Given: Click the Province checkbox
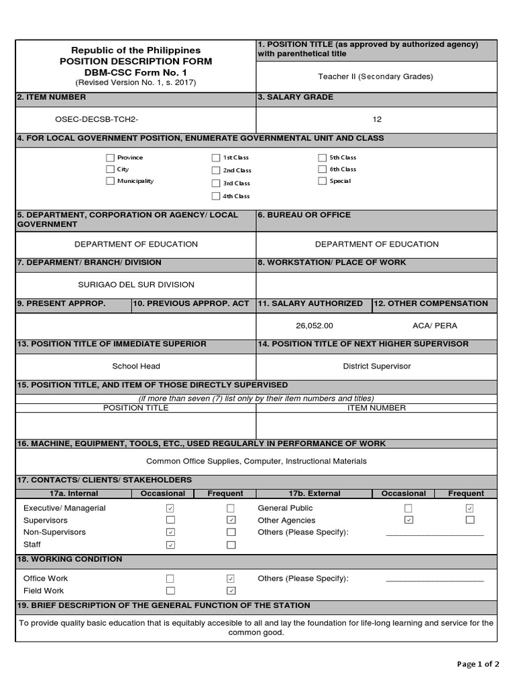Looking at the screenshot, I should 110,157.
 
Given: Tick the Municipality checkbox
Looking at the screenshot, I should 110,181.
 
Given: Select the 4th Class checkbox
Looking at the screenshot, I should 215,196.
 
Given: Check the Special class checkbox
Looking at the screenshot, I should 322,181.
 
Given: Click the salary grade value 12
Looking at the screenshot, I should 377,119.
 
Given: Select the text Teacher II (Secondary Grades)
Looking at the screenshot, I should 376,76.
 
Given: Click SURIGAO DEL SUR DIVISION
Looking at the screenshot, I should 136,285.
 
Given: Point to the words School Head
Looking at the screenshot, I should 136,366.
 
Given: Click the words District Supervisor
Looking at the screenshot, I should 377,366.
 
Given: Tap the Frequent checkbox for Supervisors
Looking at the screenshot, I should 231,520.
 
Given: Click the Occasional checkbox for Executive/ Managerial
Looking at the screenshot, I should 170,508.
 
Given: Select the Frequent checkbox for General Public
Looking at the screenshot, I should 469,508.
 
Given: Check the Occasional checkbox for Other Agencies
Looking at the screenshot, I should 408,520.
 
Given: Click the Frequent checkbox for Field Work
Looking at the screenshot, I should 231,591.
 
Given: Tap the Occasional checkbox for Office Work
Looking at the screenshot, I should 170,578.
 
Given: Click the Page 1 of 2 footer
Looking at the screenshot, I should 478,665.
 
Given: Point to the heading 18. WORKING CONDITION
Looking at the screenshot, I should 70,559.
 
